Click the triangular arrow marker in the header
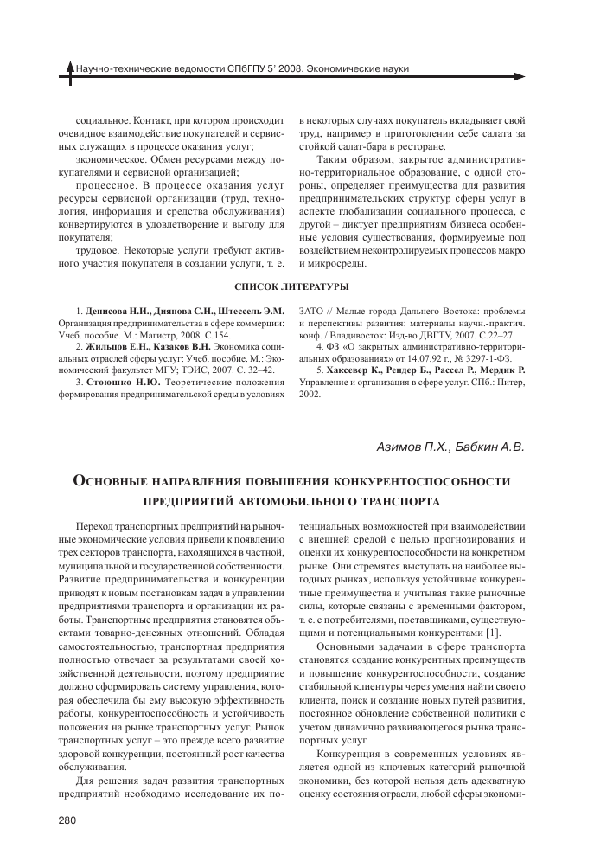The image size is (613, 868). [70, 68]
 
